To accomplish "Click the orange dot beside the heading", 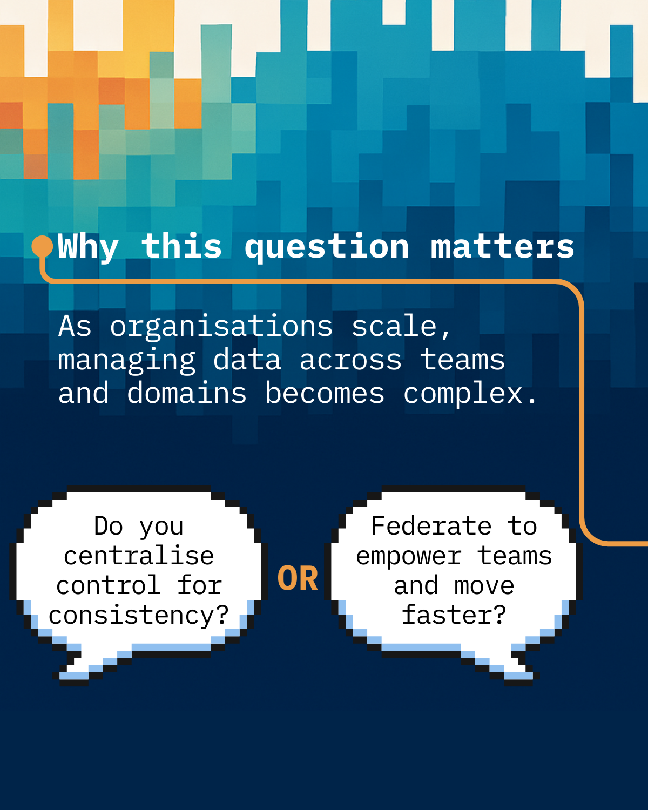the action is point(42,246).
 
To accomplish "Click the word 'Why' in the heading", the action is point(89,247).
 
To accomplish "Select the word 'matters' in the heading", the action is point(503,247).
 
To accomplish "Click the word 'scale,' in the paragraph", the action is point(401,326).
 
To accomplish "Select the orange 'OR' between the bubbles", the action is point(298,578).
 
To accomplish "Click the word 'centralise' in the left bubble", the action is point(139,556).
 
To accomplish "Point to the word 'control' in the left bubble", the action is point(109,586).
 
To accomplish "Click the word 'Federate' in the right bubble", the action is point(431,525).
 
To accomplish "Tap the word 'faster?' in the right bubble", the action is point(454,615).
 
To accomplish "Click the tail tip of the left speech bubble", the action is point(62,678).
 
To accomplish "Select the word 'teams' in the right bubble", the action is point(515,556).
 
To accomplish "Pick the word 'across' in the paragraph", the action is point(350,360).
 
